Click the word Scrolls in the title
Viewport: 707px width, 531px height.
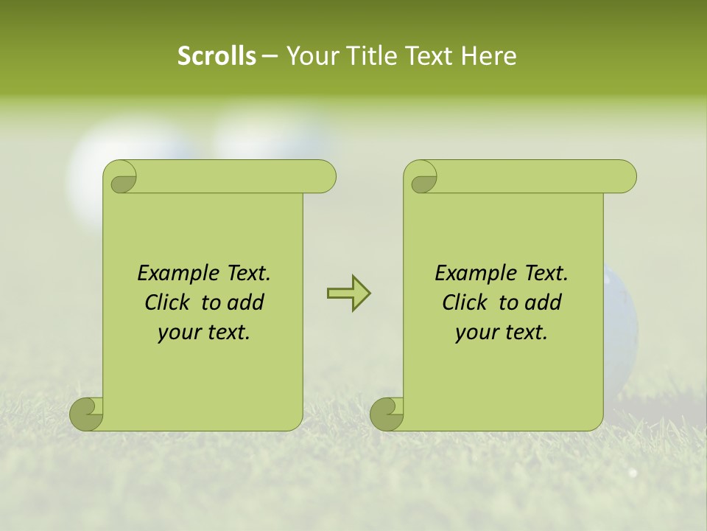(x=217, y=56)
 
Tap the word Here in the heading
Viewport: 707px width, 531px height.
(x=488, y=56)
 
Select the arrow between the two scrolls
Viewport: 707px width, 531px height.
(x=348, y=293)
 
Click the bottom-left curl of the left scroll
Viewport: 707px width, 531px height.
(x=86, y=414)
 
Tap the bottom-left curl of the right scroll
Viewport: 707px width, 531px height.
(x=387, y=414)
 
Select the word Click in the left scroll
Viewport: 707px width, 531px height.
(x=169, y=302)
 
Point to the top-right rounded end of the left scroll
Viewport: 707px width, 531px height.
(x=323, y=177)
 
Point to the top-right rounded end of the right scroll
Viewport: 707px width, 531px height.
(x=623, y=177)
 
